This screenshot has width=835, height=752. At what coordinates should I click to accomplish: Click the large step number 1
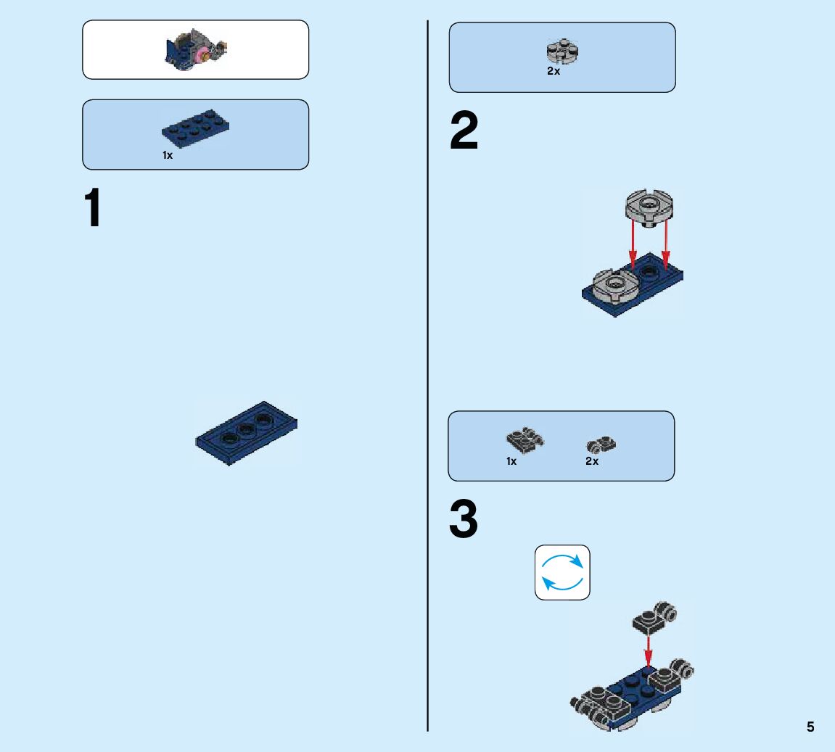(94, 208)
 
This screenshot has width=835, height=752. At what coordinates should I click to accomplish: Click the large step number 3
(464, 520)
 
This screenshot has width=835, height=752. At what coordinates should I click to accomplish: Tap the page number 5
(810, 727)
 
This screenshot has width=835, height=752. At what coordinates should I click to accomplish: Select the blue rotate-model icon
(562, 573)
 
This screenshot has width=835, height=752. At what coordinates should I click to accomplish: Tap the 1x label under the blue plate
(168, 155)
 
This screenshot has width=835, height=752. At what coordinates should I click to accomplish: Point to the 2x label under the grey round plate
(554, 72)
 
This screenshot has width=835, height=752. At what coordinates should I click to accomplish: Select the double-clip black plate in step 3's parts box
(524, 439)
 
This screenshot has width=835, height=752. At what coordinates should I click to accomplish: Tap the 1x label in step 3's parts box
(511, 461)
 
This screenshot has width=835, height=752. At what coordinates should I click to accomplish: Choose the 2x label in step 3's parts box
(592, 461)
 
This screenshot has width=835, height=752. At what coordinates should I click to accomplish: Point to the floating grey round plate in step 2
(649, 207)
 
